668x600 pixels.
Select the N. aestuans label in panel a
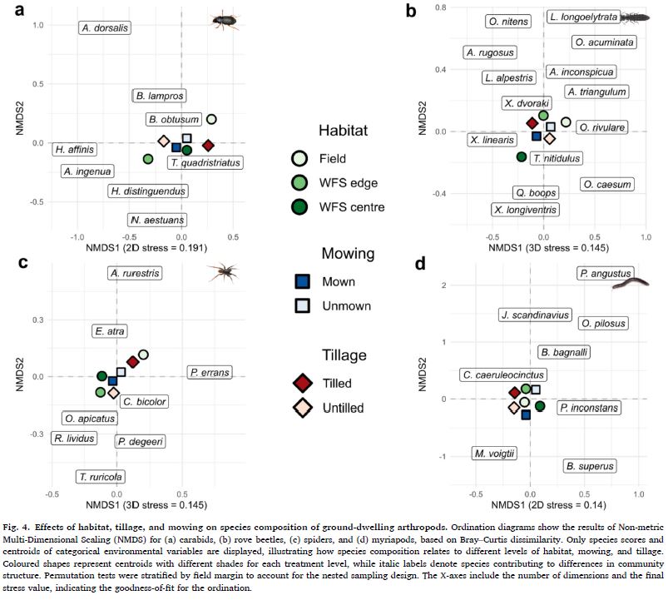[157, 220]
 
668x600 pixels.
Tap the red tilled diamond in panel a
[208, 145]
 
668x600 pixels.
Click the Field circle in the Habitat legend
[299, 158]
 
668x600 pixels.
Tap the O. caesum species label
[606, 184]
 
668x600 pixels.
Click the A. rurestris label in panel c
[136, 272]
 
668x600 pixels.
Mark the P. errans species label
[210, 372]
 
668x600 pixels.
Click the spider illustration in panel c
[222, 269]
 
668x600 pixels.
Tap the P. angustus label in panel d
[606, 272]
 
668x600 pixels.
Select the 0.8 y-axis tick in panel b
[441, 8]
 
